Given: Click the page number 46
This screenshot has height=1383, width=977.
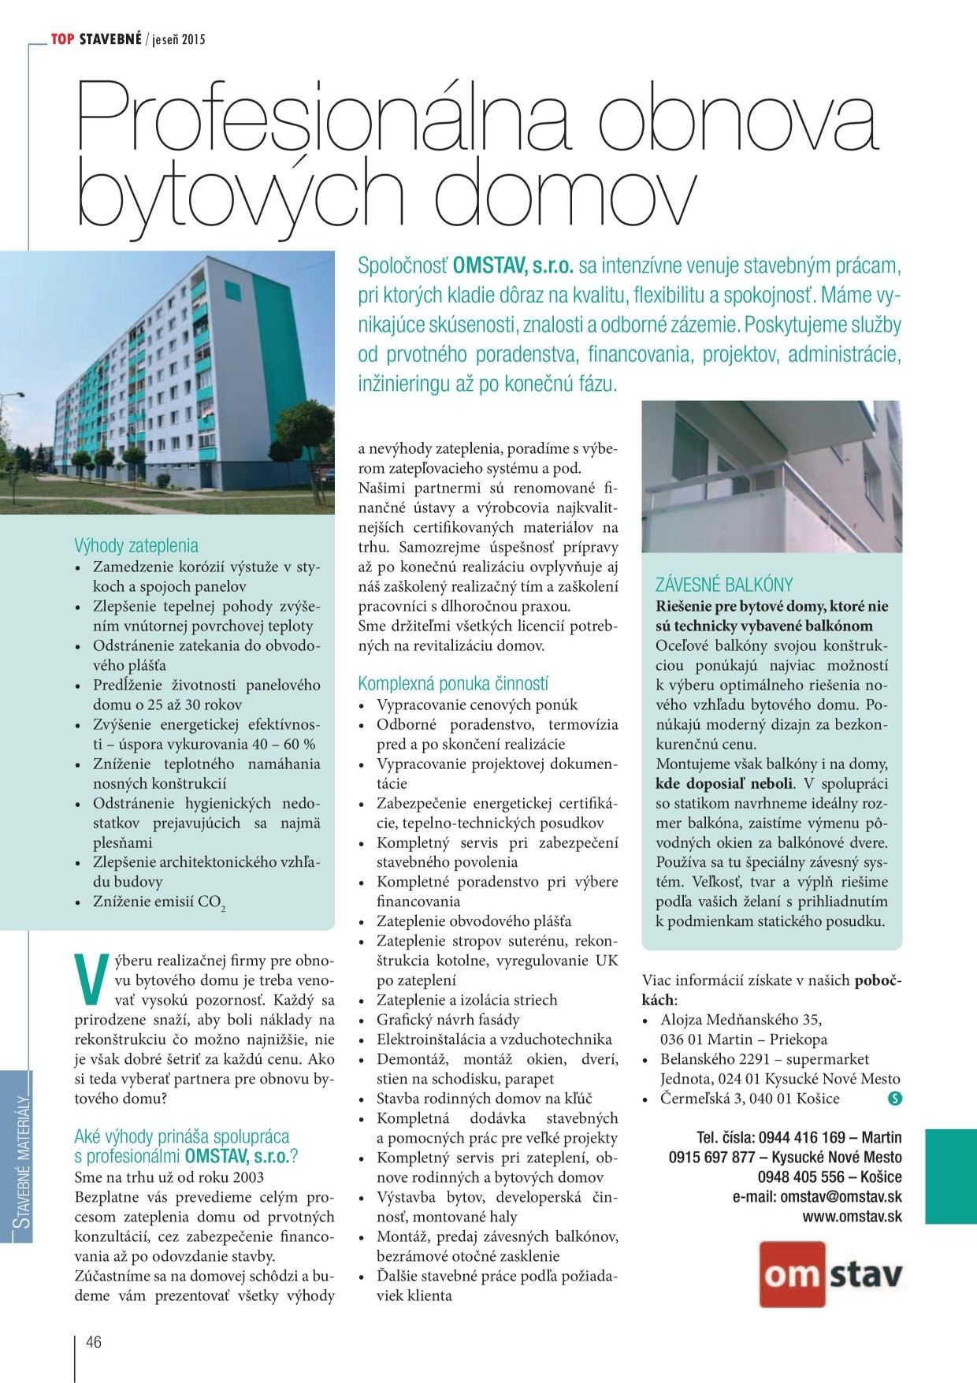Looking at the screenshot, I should [x=94, y=1342].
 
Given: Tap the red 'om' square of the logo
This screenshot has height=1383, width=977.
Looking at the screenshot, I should [x=792, y=1274].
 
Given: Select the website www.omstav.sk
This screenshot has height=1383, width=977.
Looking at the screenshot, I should [x=852, y=1217].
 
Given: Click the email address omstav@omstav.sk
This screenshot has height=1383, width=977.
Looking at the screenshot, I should [x=841, y=1197].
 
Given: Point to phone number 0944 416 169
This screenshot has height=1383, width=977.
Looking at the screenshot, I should [x=801, y=1138].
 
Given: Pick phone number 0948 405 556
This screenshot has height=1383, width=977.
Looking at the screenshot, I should [x=801, y=1177].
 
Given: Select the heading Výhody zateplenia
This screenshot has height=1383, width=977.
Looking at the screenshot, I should [x=136, y=545].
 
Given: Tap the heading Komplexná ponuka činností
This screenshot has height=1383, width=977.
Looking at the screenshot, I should [x=453, y=683].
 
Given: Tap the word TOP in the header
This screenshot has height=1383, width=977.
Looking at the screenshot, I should [x=62, y=39].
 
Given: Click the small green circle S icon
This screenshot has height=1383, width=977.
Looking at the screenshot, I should [x=894, y=1098].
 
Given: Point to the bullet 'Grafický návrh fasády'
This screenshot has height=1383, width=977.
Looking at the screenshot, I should [x=448, y=1020].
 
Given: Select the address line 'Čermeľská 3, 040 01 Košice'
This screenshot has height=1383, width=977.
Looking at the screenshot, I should [x=750, y=1099].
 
